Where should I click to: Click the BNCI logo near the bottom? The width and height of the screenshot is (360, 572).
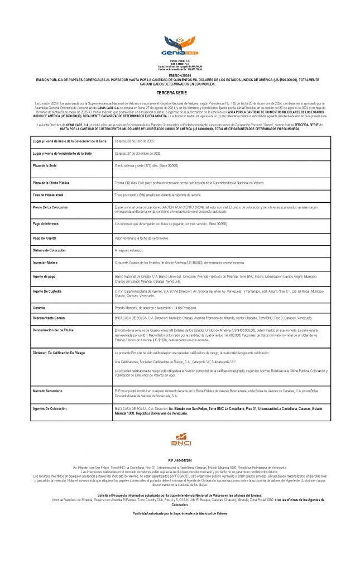[180, 440]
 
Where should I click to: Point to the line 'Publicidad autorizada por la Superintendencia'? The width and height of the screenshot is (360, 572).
[180, 512]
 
